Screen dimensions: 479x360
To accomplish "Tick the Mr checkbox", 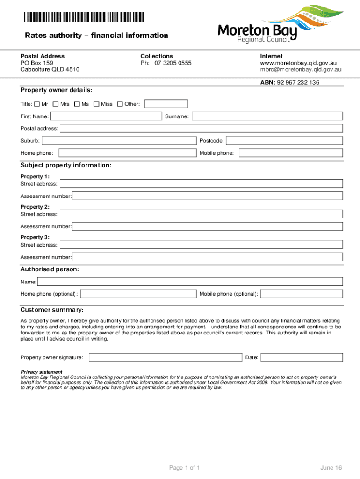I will [x=37, y=104].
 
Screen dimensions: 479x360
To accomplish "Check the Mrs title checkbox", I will [x=56, y=104].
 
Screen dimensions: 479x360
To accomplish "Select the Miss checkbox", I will [x=96, y=104].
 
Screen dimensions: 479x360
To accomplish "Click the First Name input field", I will [x=106, y=116].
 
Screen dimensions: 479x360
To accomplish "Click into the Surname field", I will [x=267, y=116].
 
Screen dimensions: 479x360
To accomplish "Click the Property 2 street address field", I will [x=202, y=214].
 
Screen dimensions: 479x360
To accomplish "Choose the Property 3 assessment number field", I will [x=208, y=257].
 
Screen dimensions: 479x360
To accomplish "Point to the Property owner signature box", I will [x=165, y=357].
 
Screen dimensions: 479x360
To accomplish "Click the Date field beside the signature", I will [x=302, y=357].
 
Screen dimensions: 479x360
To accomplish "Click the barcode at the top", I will [x=84, y=17].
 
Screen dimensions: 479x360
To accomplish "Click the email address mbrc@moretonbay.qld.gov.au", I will [x=301, y=69].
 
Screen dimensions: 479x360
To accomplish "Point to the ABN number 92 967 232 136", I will [x=298, y=82].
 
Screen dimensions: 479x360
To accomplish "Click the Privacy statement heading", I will [x=41, y=372].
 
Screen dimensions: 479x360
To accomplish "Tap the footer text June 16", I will [x=331, y=468].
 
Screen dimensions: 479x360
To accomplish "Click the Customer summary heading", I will [x=52, y=310].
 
